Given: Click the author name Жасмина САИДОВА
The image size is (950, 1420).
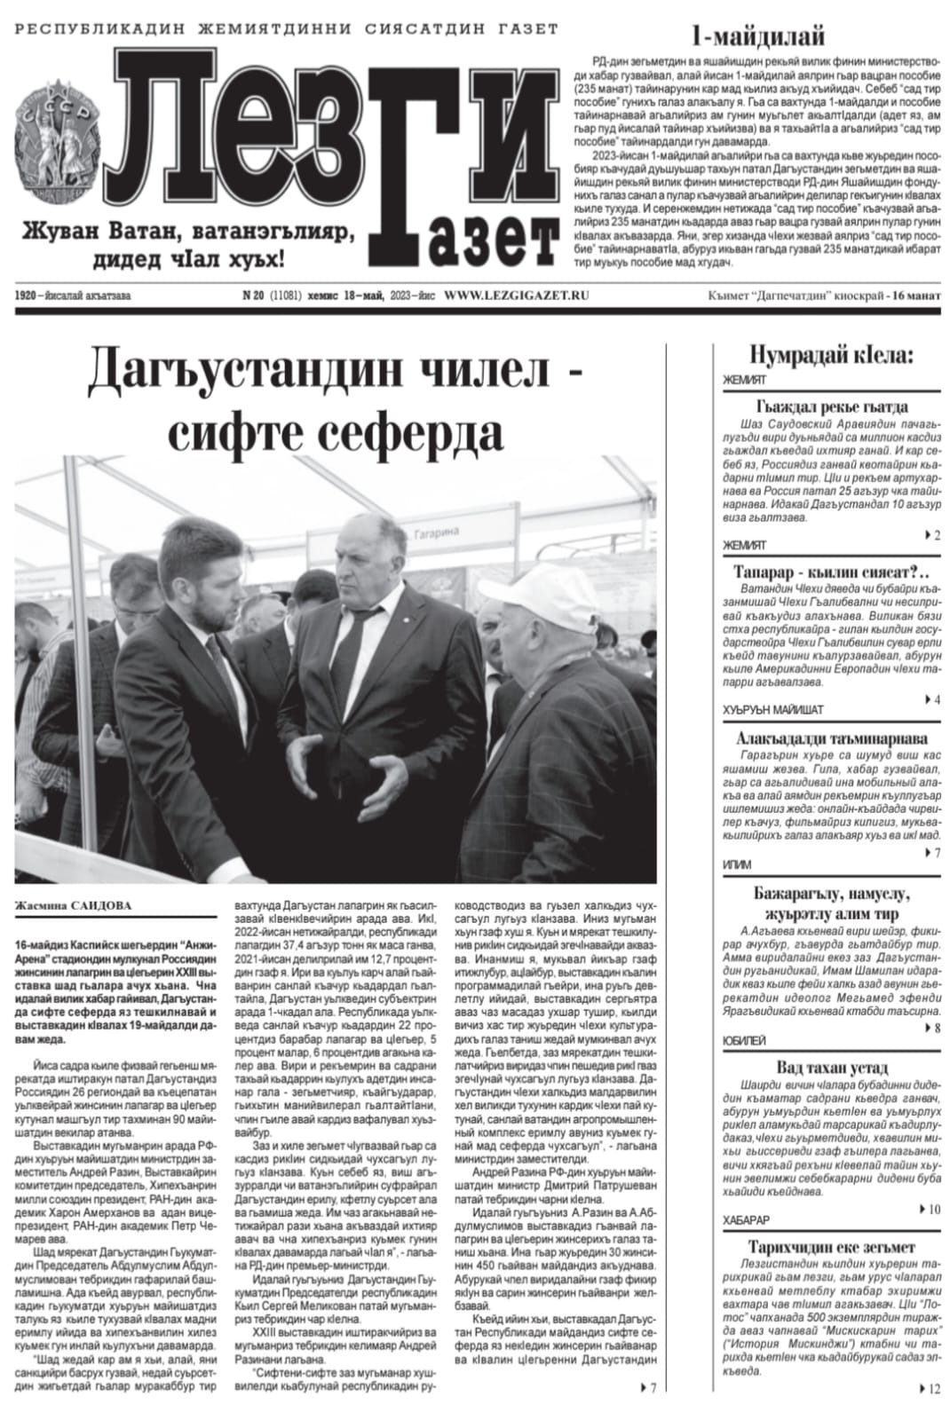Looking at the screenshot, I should pos(73,905).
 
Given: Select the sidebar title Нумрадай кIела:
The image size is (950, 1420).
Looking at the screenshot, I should pos(831,356).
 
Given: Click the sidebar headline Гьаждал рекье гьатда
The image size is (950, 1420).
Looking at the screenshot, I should pos(831,406).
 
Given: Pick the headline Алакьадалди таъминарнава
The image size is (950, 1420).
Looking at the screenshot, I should pos(831,738).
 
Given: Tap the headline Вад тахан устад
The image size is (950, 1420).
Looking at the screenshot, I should pos(831,1068).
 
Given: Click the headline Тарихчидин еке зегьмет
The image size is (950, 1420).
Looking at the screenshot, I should pos(831,1246).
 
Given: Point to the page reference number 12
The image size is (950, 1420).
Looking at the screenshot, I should pos(932,1389).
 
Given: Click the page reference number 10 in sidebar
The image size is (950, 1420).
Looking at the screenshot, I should pos(932,1209).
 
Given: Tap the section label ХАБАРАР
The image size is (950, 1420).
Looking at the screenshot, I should pos(746,1219).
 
